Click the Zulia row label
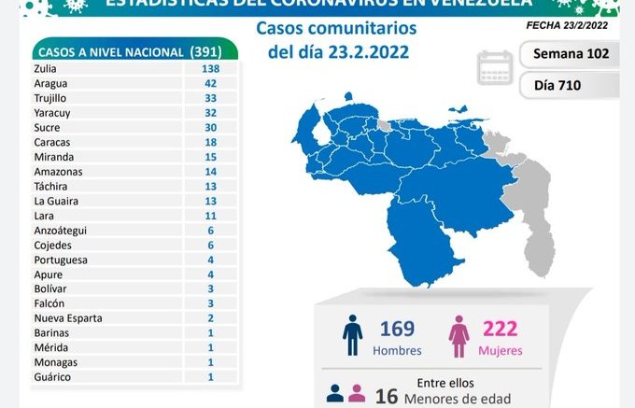click(45, 69)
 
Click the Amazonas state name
click(57, 172)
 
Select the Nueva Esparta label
click(67, 318)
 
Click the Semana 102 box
click(569, 53)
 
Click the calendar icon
click(495, 68)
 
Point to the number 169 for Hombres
click(397, 329)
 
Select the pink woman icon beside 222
click(459, 335)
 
